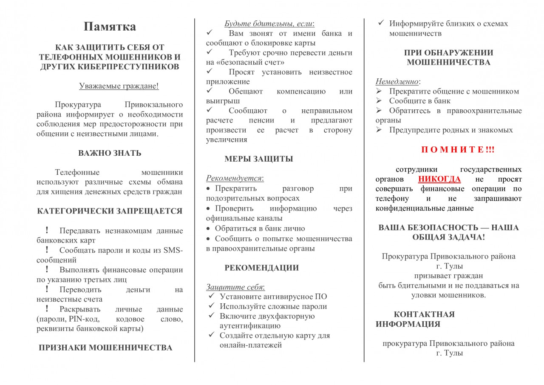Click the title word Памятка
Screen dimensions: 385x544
pos(110,27)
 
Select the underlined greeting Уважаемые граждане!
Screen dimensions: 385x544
pos(119,86)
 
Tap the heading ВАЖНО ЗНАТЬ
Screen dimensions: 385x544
pos(110,153)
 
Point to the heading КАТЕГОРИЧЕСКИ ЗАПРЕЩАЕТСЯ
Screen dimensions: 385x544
pos(110,211)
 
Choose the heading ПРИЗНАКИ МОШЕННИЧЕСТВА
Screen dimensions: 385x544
pos(105,348)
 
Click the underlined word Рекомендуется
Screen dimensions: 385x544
pos(234,178)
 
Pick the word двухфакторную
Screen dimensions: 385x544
pos(287,316)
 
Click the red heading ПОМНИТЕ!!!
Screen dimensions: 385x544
pos(458,150)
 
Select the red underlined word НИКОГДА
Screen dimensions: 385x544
pos(439,179)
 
